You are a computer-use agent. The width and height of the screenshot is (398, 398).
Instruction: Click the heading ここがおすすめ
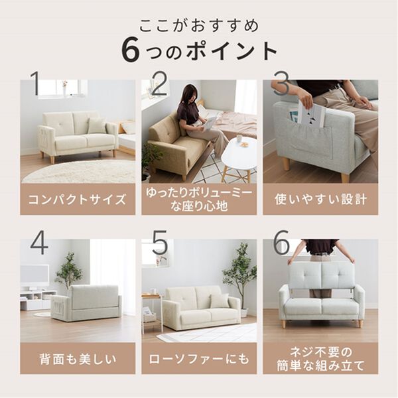pyautogui.click(x=199, y=25)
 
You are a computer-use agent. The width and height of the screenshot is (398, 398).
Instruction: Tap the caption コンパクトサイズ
pyautogui.click(x=77, y=199)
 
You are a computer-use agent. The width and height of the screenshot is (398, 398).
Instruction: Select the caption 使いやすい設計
pyautogui.click(x=320, y=199)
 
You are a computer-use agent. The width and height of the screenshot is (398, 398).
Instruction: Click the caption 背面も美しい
pyautogui.click(x=77, y=359)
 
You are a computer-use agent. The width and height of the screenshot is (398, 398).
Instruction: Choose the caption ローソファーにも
pyautogui.click(x=199, y=359)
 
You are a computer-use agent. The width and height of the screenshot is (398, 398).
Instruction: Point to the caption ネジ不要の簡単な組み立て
pyautogui.click(x=320, y=358)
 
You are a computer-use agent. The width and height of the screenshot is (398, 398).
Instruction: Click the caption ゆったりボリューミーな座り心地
pyautogui.click(x=199, y=199)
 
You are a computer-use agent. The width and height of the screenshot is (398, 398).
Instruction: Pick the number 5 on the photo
pyautogui.click(x=160, y=244)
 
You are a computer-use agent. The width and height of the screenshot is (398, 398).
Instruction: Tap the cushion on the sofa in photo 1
pyautogui.click(x=96, y=126)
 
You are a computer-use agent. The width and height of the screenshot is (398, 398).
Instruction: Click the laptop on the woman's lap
pyautogui.click(x=211, y=122)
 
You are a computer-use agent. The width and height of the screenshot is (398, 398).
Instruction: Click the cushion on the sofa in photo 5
pyautogui.click(x=219, y=301)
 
